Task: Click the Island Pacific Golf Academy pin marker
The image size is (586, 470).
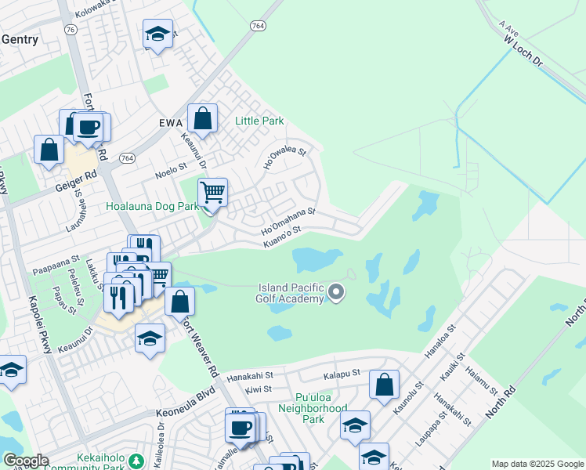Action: tap(337, 293)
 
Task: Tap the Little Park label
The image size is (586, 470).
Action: tap(259, 121)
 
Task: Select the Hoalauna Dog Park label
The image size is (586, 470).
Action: tap(154, 207)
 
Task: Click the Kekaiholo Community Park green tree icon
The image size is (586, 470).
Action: tap(137, 460)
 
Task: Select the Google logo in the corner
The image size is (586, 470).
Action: tap(25, 461)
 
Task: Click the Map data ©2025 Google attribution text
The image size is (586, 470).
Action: tap(537, 464)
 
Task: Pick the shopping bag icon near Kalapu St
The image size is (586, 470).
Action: tap(384, 385)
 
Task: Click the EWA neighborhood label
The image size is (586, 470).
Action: tap(170, 123)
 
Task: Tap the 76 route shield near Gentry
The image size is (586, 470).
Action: tap(71, 29)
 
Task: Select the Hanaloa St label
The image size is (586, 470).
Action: tap(439, 344)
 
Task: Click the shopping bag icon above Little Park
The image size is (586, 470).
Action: tap(202, 119)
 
